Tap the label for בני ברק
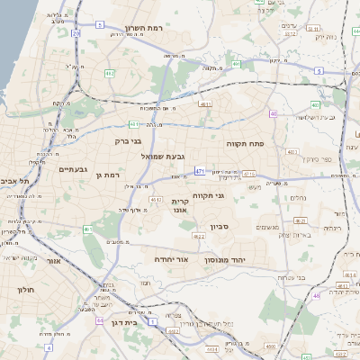[130, 140]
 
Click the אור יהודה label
[171, 259]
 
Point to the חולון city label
[24, 290]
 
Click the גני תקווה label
[208, 194]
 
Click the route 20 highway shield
[76, 33]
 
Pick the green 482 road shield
[108, 73]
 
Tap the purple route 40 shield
[273, 114]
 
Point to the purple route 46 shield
[317, 294]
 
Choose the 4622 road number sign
[196, 236]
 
